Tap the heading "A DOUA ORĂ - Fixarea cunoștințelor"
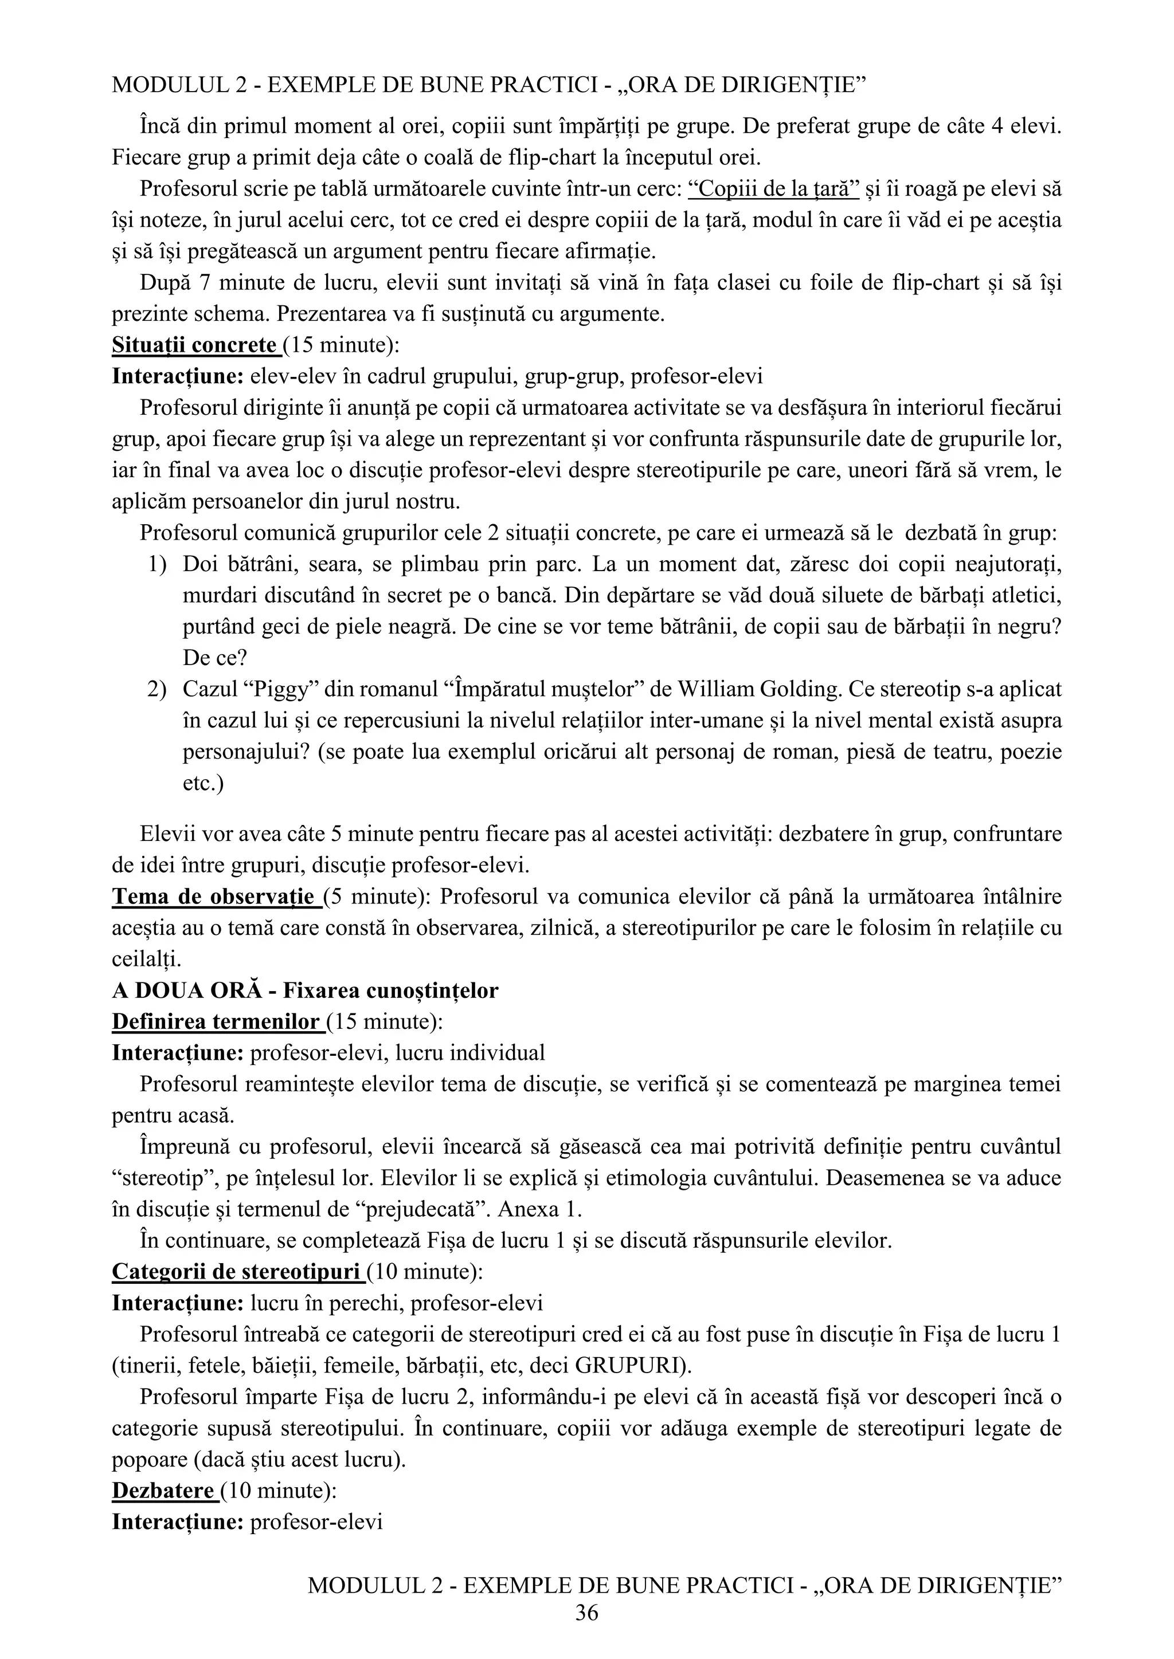(305, 990)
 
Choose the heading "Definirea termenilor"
(216, 1022)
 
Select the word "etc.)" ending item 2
(202, 783)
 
